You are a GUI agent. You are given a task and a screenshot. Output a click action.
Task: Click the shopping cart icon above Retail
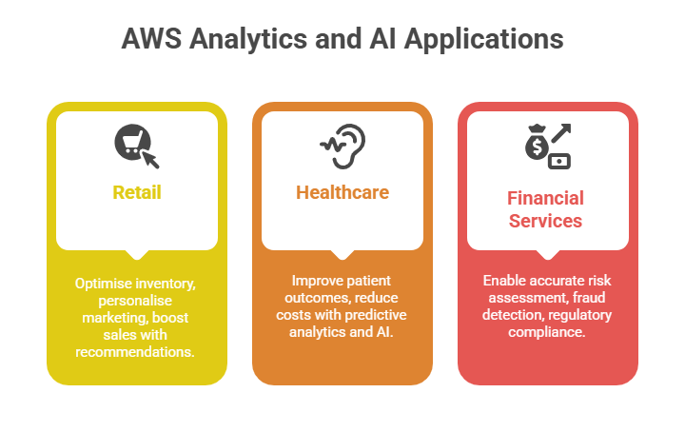136,144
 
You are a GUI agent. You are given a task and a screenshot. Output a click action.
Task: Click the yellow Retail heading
137,192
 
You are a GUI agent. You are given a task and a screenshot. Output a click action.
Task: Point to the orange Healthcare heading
342,192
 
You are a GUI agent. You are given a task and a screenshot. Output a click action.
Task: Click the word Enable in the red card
505,281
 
